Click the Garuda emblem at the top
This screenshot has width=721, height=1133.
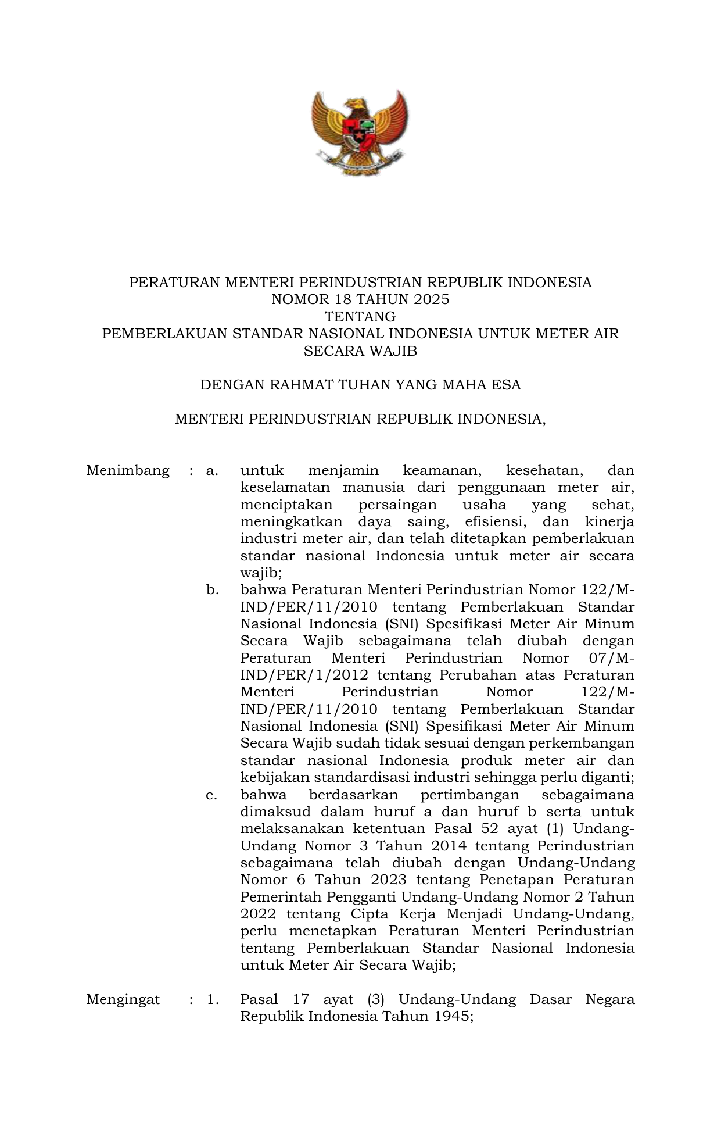(x=360, y=133)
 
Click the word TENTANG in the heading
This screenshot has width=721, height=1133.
(x=360, y=317)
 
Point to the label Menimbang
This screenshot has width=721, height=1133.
(x=128, y=470)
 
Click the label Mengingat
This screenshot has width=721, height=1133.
(x=123, y=999)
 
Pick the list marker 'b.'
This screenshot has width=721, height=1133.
(x=212, y=590)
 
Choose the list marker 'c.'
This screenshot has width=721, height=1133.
(x=212, y=795)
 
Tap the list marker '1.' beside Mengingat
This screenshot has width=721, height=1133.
(x=213, y=999)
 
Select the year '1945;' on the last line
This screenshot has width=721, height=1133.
(x=455, y=1017)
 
